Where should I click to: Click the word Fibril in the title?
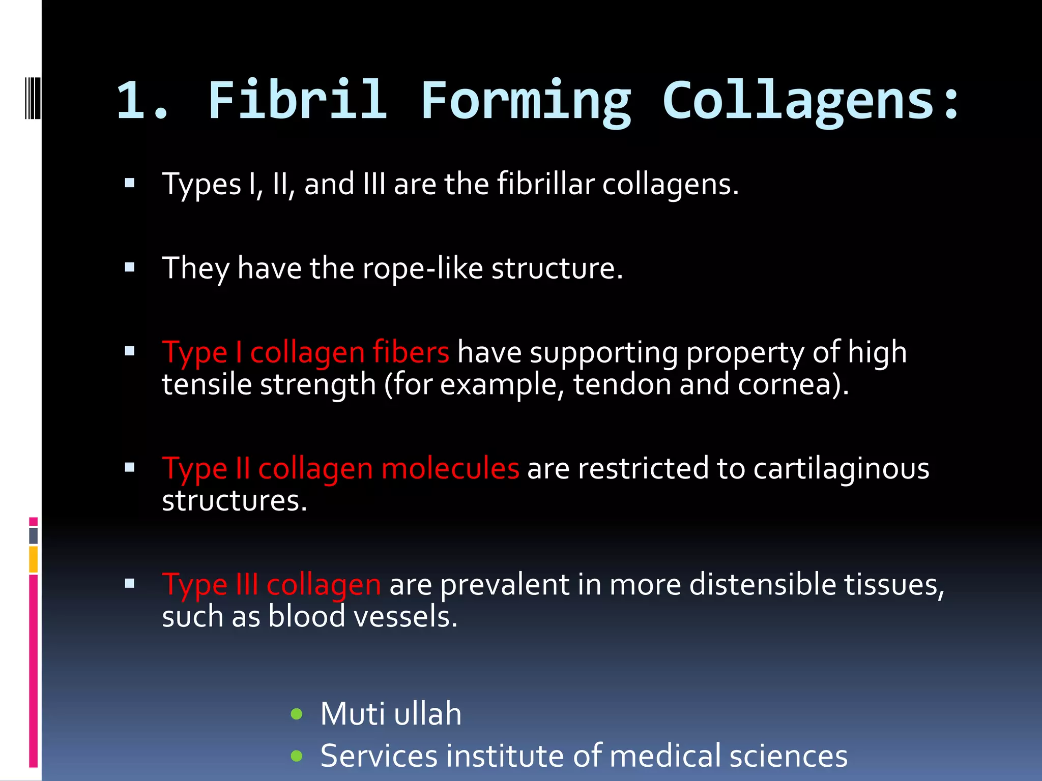click(x=298, y=101)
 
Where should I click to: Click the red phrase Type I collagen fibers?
click(x=305, y=352)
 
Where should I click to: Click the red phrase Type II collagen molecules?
click(x=340, y=468)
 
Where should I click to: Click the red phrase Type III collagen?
click(x=271, y=584)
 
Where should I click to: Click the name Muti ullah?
click(x=391, y=713)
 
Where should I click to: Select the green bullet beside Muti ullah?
click(x=297, y=714)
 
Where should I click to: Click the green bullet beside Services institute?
click(x=297, y=756)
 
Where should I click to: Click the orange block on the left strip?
click(x=33, y=559)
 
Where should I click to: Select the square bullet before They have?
click(x=130, y=267)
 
